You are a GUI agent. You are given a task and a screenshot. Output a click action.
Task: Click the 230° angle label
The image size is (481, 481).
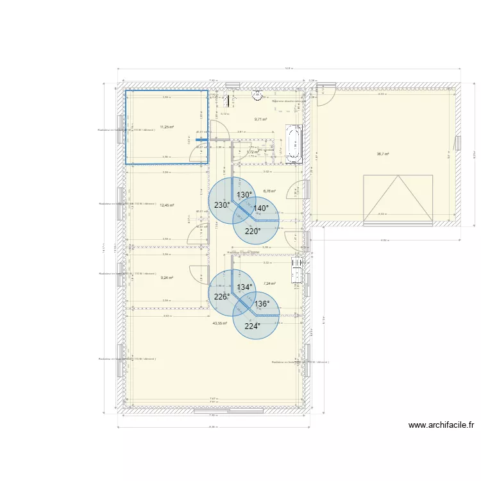(221, 205)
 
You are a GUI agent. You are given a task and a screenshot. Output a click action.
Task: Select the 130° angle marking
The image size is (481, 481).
(244, 195)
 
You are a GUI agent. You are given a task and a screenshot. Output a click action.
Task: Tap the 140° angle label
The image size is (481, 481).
(260, 208)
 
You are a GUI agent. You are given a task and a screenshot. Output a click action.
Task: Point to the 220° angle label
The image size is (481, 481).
(253, 232)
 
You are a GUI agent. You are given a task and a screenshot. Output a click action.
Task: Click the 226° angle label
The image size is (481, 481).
(221, 297)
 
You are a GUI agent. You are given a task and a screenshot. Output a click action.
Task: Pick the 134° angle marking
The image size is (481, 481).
(244, 288)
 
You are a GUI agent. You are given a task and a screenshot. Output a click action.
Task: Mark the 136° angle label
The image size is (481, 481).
(262, 304)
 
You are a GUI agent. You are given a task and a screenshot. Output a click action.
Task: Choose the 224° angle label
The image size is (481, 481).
(253, 326)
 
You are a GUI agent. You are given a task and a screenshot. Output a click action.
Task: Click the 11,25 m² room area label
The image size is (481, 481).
(167, 127)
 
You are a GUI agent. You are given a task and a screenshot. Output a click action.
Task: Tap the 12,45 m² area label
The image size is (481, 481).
(167, 205)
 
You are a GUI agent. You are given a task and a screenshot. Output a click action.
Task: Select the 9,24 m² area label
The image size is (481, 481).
(167, 278)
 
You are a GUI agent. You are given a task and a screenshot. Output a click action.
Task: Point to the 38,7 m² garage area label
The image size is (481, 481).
(383, 154)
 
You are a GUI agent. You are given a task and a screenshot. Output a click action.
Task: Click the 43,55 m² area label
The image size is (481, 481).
(219, 323)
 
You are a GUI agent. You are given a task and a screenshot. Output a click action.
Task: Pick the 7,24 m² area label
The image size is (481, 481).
(269, 283)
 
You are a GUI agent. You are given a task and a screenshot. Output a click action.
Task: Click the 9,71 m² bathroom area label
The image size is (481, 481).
(260, 119)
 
